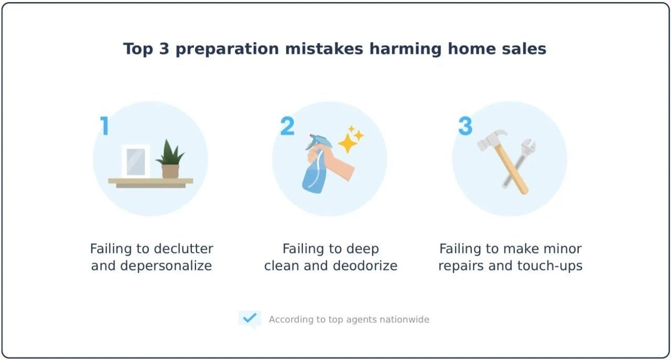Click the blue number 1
(x=105, y=126)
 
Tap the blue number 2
(x=287, y=126)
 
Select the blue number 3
(x=465, y=126)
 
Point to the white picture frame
(x=136, y=161)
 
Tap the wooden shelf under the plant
(x=150, y=182)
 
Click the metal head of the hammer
(x=491, y=139)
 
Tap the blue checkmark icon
(x=250, y=318)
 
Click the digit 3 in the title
(x=162, y=49)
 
